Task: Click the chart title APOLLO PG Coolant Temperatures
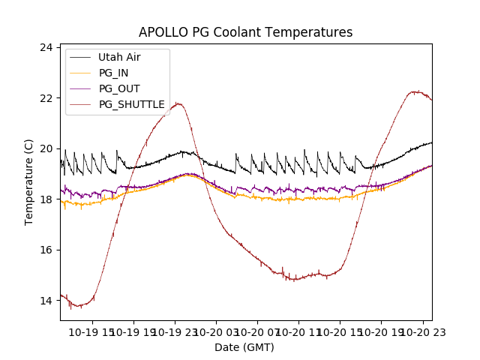[245, 32]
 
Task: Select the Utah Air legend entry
[119, 57]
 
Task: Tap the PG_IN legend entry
[113, 73]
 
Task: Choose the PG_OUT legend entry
[118, 88]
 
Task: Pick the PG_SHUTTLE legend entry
[131, 104]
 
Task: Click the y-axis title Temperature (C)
[29, 182]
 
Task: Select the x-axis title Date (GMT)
[244, 347]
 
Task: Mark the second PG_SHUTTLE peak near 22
[414, 91]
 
